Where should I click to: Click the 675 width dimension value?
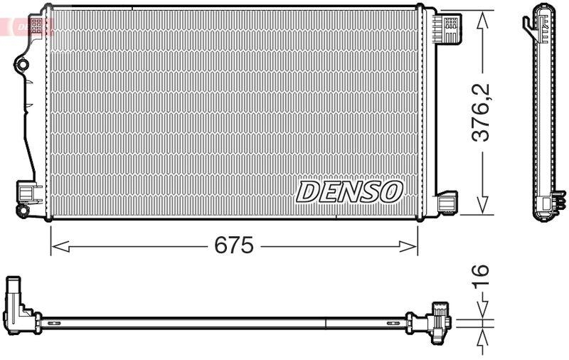pos(234,246)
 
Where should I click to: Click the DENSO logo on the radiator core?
pos(349,191)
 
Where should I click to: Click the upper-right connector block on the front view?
pos(448,28)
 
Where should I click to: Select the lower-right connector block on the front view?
pos(447,202)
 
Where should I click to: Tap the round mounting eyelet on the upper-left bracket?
pos(22,65)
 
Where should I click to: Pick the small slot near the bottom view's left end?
pos(52,324)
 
